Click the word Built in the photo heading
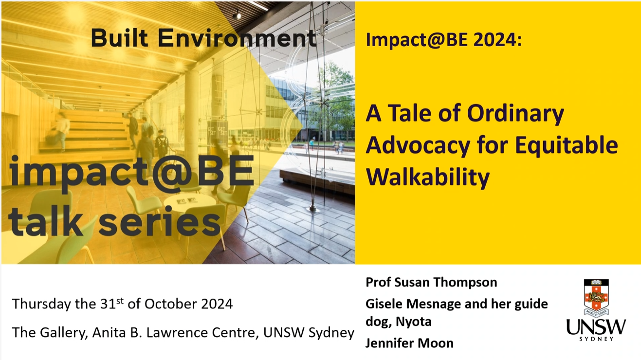[119, 38]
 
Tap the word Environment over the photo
[237, 38]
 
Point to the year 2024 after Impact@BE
[497, 40]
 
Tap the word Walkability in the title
[428, 177]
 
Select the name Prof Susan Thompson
[432, 283]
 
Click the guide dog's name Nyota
[414, 322]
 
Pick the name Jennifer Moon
[409, 343]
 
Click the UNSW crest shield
[596, 297]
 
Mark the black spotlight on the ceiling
[237, 15]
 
